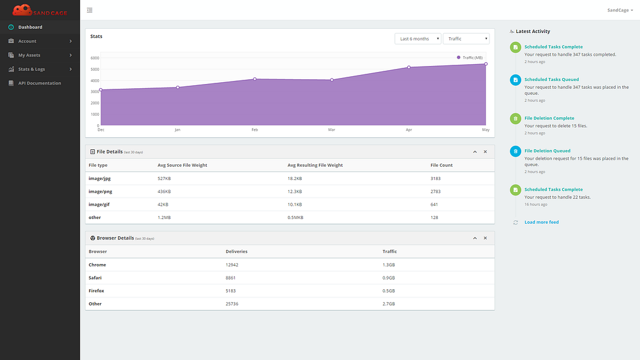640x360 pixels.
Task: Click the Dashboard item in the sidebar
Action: pos(30,28)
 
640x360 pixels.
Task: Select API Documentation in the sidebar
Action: pos(40,83)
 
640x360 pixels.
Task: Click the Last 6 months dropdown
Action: pos(417,39)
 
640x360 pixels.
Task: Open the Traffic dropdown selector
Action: pos(466,39)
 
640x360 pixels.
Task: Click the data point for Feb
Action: pos(255,79)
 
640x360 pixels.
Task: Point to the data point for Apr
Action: pos(408,67)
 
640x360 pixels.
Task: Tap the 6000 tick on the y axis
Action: pos(95,58)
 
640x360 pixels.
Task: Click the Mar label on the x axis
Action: pos(332,130)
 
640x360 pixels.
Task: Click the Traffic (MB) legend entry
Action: pos(470,58)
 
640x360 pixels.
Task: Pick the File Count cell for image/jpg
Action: pos(435,178)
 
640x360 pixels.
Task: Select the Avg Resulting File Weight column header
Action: pos(315,166)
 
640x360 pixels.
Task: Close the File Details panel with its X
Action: pos(485,152)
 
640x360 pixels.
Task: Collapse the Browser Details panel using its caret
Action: pos(474,238)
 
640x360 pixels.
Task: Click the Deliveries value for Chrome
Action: pos(232,265)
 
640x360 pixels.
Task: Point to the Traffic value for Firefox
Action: pos(389,291)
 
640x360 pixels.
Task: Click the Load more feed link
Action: pos(541,223)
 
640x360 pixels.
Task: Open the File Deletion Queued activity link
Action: pos(548,151)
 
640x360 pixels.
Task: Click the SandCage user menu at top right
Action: pos(620,10)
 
